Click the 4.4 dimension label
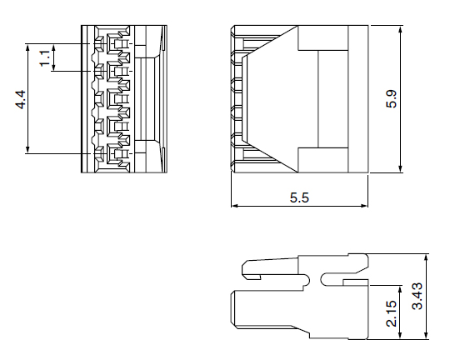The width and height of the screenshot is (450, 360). tap(21, 100)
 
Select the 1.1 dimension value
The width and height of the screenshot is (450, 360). tap(45, 58)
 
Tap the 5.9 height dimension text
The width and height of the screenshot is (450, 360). tap(391, 99)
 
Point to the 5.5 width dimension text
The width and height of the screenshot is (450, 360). tap(299, 197)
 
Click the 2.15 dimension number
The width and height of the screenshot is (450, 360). tap(392, 313)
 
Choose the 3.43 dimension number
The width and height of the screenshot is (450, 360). tap(417, 297)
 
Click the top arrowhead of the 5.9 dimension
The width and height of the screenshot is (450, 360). tap(401, 29)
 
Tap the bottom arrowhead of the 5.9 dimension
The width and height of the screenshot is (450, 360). tap(401, 169)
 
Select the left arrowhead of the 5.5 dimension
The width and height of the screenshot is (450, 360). tap(235, 206)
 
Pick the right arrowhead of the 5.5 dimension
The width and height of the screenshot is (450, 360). tap(363, 206)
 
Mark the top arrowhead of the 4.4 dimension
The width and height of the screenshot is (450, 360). tap(27, 48)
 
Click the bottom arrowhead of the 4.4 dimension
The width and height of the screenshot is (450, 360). tap(27, 149)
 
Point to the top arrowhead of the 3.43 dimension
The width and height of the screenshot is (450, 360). tap(426, 258)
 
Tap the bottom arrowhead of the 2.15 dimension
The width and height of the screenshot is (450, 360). tap(400, 335)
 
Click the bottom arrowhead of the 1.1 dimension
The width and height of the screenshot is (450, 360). tap(53, 67)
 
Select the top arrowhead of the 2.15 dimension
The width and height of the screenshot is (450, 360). tap(400, 289)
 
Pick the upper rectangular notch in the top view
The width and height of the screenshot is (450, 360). tap(322, 37)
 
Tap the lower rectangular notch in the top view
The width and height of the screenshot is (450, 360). tap(322, 160)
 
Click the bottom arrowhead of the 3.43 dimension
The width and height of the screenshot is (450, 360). tap(426, 335)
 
